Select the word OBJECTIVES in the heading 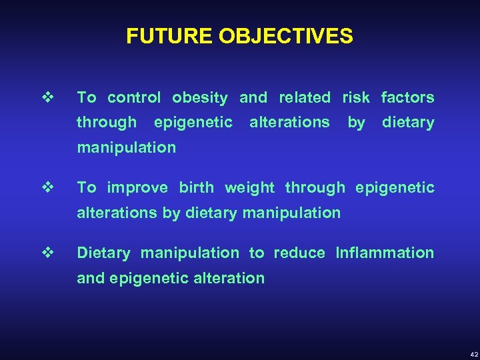click(279, 36)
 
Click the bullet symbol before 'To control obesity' click(46, 97)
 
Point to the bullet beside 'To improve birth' click(46, 187)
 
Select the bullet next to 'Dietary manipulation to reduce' click(46, 253)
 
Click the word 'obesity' click(200, 98)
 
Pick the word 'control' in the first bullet click(134, 98)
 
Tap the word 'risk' click(356, 98)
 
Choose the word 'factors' click(407, 98)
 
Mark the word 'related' click(305, 98)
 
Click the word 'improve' click(137, 188)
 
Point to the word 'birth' click(197, 188)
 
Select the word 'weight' click(249, 188)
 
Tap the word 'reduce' click(299, 253)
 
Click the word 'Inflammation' click(385, 253)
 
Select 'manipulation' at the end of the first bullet click(127, 148)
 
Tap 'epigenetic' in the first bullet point click(193, 123)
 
